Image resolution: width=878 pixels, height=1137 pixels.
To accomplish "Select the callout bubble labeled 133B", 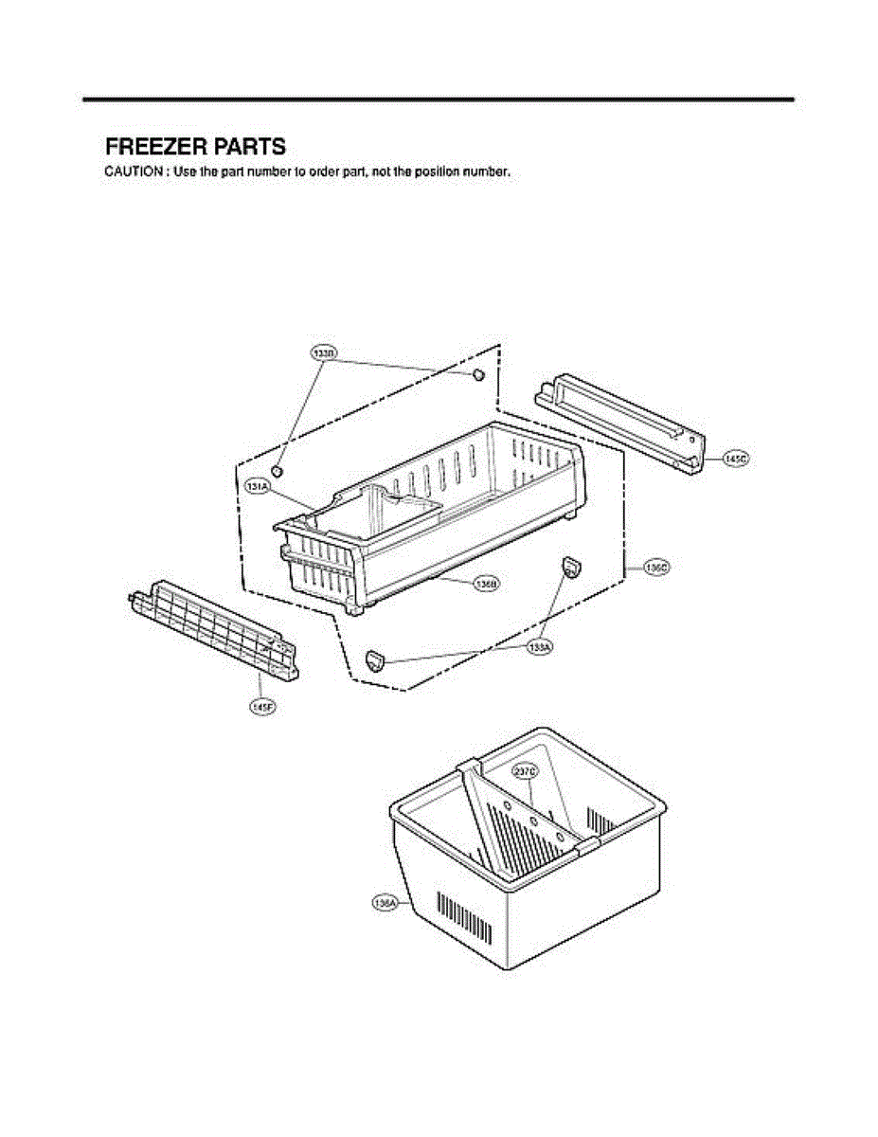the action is (x=324, y=353).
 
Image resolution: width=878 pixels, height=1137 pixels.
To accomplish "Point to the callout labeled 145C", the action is (x=735, y=459).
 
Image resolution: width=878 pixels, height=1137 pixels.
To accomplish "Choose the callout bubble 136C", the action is (x=655, y=568).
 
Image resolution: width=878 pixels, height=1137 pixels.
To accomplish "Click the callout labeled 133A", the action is (x=540, y=646).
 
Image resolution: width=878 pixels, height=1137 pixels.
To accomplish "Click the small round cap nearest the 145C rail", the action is (x=478, y=374).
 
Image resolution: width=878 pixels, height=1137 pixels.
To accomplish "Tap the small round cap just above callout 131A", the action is (x=278, y=470).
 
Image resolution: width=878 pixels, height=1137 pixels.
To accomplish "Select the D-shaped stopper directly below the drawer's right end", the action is (x=571, y=566).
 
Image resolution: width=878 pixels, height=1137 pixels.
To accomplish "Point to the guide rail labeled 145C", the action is (x=620, y=424).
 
